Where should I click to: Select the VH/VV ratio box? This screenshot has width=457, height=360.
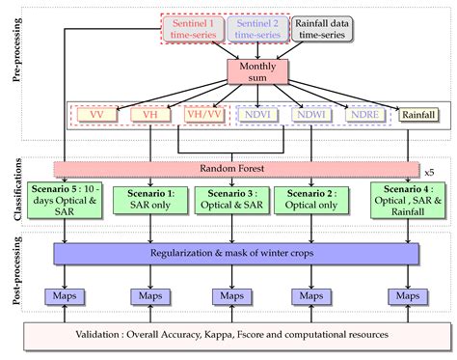point(203,115)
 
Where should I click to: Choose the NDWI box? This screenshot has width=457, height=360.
point(312,115)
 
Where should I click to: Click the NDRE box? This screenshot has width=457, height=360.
point(363,115)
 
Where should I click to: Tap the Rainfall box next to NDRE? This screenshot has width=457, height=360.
point(416,115)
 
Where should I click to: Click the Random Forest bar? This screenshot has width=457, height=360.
point(231,168)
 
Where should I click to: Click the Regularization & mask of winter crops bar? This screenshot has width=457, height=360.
point(237,253)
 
